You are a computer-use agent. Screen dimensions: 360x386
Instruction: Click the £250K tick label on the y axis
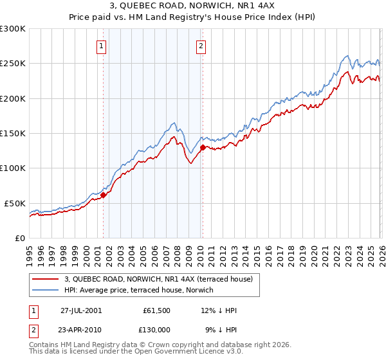tap(12, 64)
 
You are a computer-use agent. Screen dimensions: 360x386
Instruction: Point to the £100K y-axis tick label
tap(12, 168)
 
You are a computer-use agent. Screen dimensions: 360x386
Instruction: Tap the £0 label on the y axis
tap(21, 238)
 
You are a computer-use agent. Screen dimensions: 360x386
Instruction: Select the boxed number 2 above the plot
tap(201, 46)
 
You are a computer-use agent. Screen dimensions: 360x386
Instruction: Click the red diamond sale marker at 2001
tap(104, 195)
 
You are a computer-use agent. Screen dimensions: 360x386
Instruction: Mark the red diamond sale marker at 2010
tap(203, 147)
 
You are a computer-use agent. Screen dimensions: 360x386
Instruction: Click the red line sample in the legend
tap(46, 279)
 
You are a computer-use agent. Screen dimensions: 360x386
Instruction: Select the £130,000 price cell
tap(157, 331)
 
